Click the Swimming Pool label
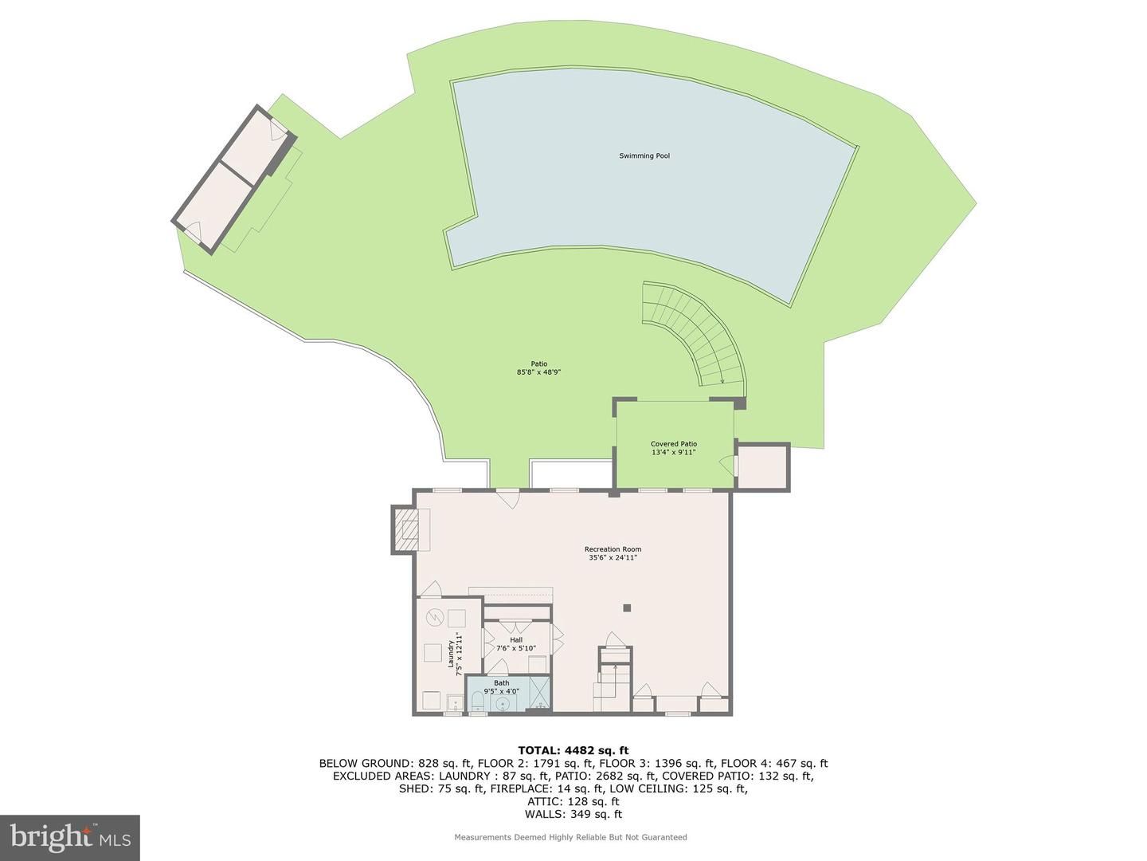point(644,155)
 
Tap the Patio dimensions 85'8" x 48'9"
point(538,372)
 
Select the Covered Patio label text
point(673,444)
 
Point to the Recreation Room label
point(613,549)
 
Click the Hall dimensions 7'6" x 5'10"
point(516,648)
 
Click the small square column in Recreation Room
point(627,607)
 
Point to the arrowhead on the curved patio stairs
point(722,381)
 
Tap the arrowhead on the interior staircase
point(615,667)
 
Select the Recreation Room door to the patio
point(507,497)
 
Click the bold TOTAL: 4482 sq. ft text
point(573,751)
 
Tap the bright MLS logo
point(70,837)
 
